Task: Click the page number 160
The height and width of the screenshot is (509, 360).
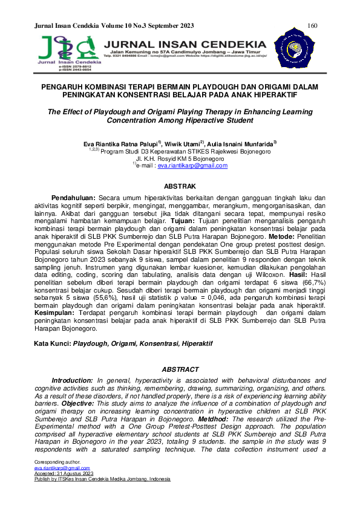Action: [x=313, y=25]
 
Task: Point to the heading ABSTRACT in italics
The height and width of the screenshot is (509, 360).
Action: [x=180, y=369]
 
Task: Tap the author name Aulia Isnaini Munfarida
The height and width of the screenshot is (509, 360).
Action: [x=242, y=144]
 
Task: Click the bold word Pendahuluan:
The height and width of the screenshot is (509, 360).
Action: [x=73, y=198]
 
